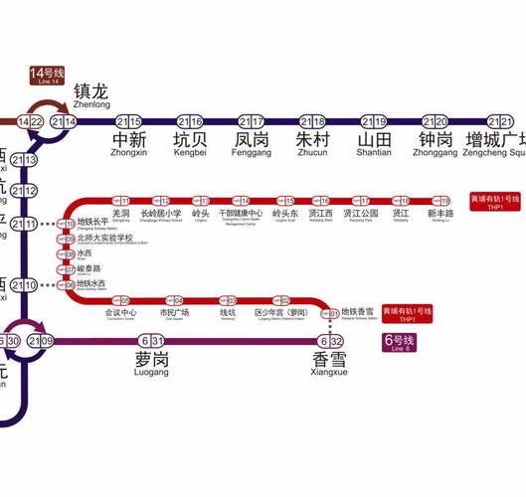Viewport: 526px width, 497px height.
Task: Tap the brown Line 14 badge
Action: tap(47, 75)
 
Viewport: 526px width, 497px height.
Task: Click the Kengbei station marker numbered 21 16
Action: tap(189, 121)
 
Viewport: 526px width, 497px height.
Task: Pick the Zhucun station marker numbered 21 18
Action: tap(312, 121)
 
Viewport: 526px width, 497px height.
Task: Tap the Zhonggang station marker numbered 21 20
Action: tap(436, 121)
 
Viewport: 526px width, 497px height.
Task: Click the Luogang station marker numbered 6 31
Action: tap(152, 341)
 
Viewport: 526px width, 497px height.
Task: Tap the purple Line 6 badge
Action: tap(400, 341)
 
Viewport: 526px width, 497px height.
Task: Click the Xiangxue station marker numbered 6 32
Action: tap(330, 341)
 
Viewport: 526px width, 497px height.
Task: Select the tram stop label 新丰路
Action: tap(440, 214)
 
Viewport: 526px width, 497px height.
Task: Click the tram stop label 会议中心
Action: tap(120, 312)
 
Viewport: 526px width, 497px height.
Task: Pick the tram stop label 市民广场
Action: tap(174, 312)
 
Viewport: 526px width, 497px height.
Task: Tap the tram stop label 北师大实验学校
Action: tap(104, 239)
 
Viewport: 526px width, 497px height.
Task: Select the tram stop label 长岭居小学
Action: tap(161, 214)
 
